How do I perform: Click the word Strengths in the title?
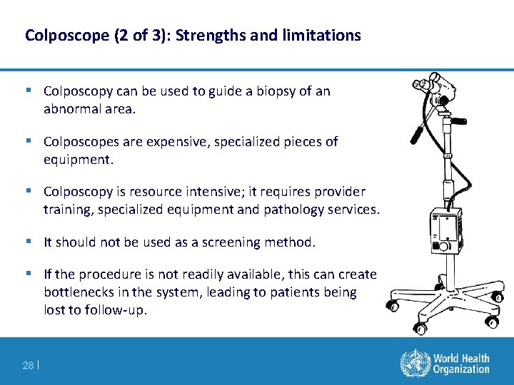[x=208, y=35]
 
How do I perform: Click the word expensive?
[x=170, y=142]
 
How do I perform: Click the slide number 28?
[x=27, y=366]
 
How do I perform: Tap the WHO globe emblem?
[x=413, y=363]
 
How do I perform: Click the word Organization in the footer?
[x=461, y=369]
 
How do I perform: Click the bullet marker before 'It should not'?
[x=29, y=242]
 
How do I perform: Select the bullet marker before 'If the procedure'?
[x=29, y=274]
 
